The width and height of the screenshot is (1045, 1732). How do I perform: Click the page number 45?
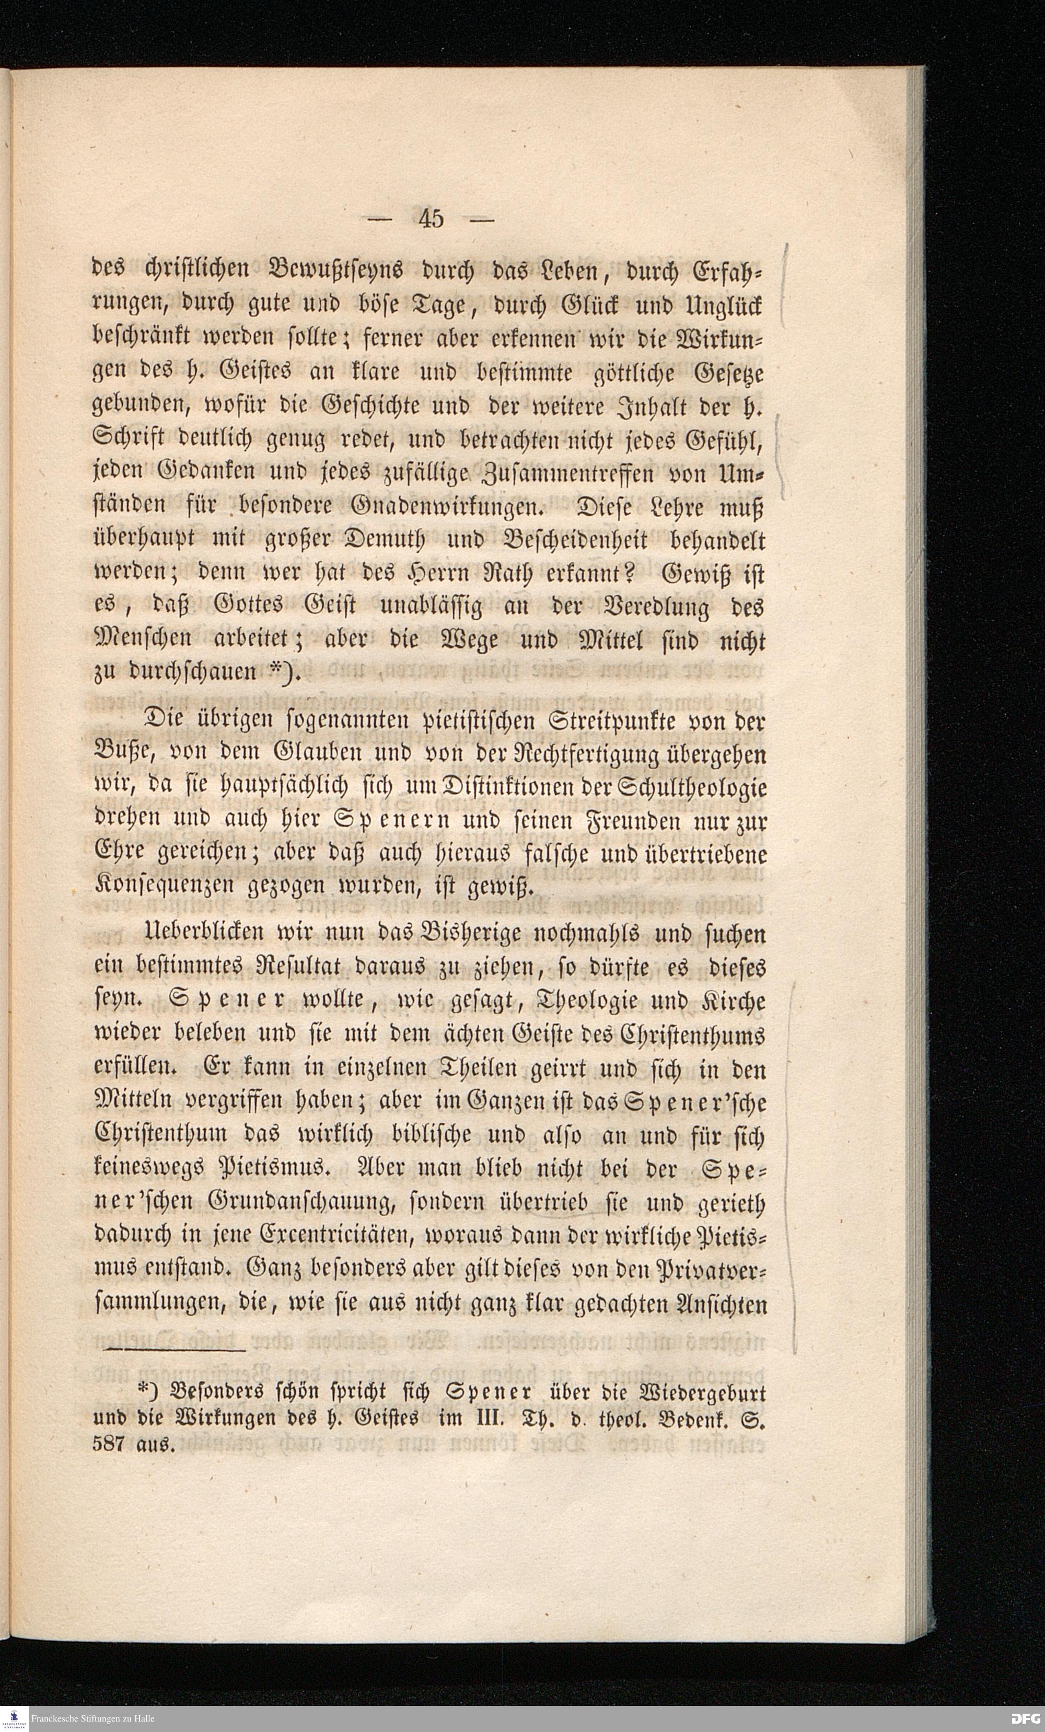pos(431,218)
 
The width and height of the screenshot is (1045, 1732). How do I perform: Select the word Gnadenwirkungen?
pos(446,507)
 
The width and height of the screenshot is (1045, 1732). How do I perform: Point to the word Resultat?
pos(287,969)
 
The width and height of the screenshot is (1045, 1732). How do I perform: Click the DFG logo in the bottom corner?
pos(1025,1718)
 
